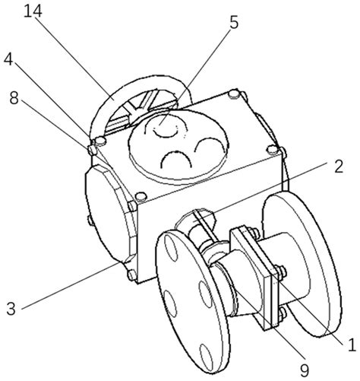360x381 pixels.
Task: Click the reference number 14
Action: [x=33, y=11]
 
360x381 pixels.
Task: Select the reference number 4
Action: [x=8, y=59]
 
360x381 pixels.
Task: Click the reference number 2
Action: [x=339, y=167]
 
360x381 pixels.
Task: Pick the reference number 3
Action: [x=11, y=309]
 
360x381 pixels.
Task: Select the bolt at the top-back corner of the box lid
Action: [x=234, y=94]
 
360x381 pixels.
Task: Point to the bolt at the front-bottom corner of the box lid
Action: [x=141, y=196]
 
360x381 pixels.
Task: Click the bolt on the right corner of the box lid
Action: [x=273, y=149]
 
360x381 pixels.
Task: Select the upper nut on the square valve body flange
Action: [x=282, y=271]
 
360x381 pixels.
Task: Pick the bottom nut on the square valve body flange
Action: [x=283, y=313]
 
